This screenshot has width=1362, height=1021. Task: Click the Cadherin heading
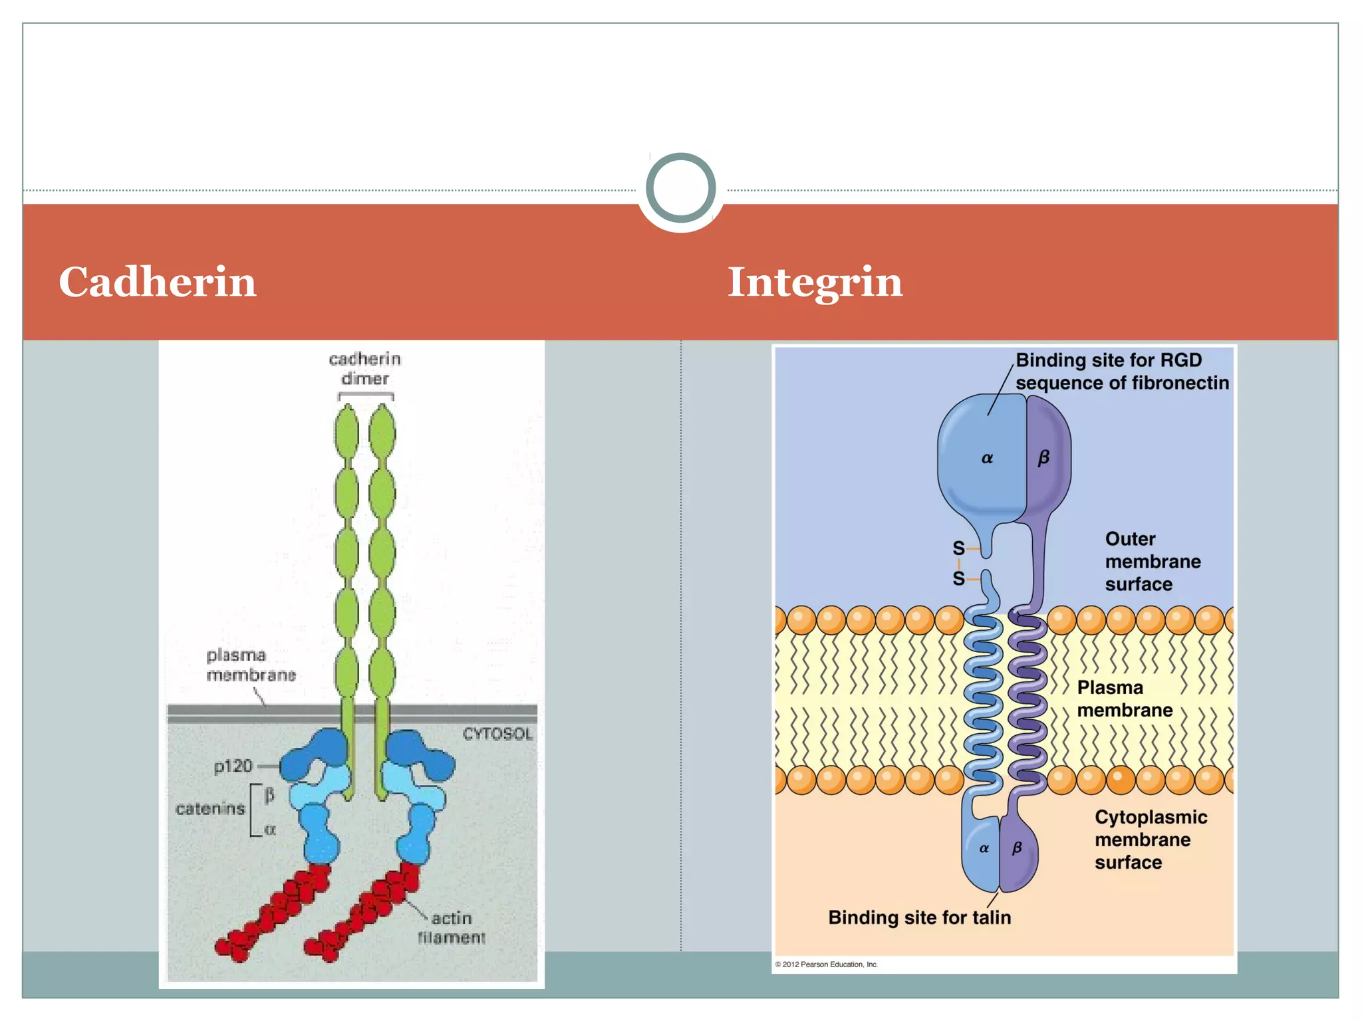click(158, 282)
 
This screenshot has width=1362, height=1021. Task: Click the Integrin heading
click(815, 282)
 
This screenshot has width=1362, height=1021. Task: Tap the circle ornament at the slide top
click(680, 188)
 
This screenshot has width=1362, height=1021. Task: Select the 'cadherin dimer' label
click(365, 369)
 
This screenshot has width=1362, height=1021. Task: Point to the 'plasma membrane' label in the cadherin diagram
click(250, 665)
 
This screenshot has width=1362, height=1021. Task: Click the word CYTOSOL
click(497, 734)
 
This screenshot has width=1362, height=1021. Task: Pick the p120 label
click(233, 766)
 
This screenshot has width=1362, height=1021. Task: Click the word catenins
click(210, 808)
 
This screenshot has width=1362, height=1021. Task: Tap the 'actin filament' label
click(452, 927)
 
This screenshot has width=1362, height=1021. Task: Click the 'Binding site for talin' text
click(919, 917)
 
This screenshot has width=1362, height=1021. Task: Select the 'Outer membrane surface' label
click(1153, 561)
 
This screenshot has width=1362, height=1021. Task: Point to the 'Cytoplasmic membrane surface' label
click(1151, 840)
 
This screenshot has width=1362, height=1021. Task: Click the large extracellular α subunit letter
click(987, 458)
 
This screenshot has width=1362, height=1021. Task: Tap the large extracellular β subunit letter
click(1043, 457)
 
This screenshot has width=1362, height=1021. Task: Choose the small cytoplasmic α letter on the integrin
click(984, 848)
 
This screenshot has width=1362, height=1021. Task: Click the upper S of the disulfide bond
click(958, 548)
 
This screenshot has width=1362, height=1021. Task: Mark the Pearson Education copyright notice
click(826, 964)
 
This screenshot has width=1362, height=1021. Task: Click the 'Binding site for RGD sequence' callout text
click(1121, 372)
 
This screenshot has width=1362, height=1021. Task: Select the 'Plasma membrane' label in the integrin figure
click(1124, 699)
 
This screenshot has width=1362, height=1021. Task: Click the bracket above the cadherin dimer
click(366, 396)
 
